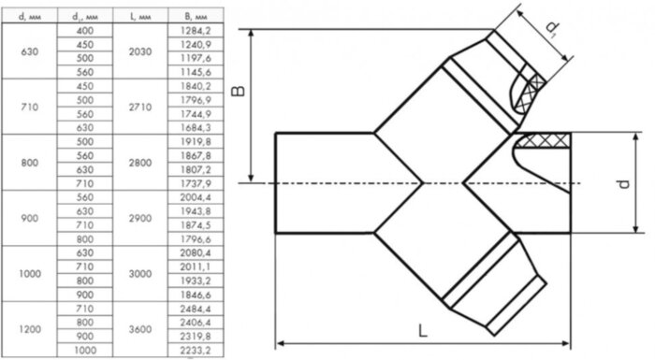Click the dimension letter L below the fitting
424,330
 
